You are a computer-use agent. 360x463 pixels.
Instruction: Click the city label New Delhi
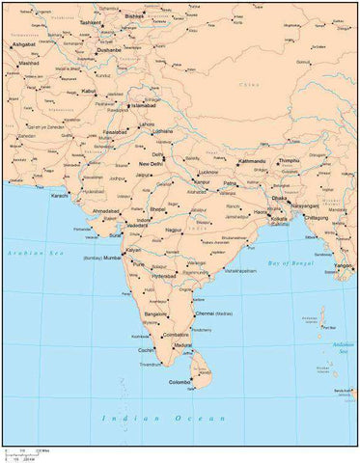[x=150, y=164]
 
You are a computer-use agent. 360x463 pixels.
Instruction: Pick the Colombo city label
[x=180, y=383]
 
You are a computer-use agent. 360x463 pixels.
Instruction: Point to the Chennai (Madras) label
[x=208, y=313]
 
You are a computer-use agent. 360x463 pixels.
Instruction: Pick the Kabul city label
[x=88, y=91]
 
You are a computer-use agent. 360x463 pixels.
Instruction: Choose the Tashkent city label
[x=91, y=21]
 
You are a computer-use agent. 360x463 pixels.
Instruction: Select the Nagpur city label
[x=175, y=231]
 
